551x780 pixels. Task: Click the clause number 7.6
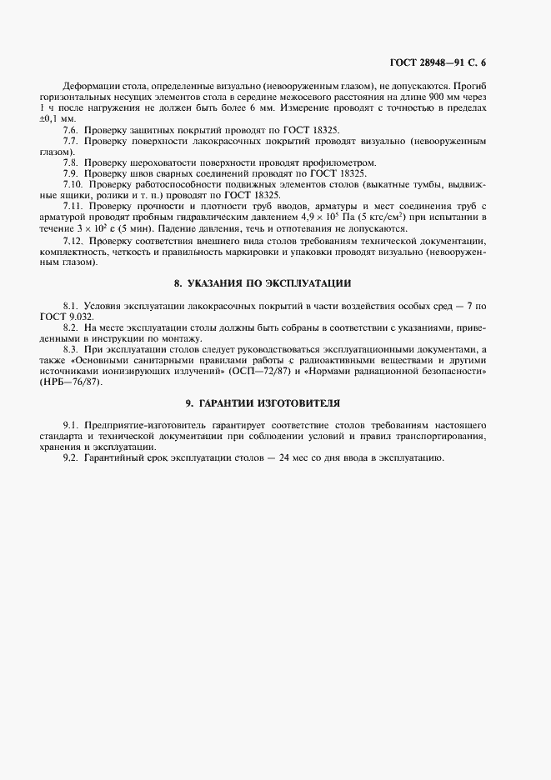[71, 130]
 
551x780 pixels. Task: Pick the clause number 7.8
[71, 162]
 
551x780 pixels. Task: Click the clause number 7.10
[73, 183]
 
